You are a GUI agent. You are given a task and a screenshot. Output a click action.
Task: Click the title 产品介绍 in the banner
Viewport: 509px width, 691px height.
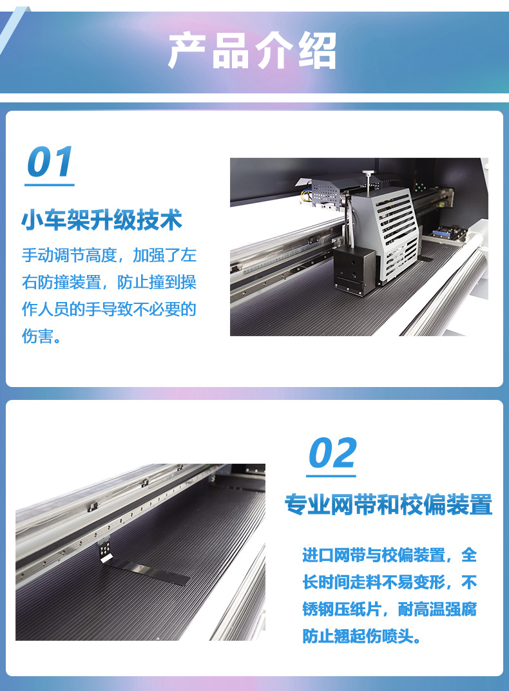click(253, 51)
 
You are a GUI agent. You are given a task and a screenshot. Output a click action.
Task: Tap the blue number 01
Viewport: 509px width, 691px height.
click(50, 162)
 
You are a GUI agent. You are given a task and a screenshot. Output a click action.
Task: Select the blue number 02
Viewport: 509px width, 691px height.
click(332, 453)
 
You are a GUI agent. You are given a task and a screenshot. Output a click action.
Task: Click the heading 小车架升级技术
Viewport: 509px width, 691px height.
click(102, 220)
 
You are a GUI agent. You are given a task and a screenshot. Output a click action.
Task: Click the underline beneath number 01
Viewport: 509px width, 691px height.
click(50, 185)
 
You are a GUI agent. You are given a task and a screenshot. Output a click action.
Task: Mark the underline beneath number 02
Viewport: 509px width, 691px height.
click(331, 476)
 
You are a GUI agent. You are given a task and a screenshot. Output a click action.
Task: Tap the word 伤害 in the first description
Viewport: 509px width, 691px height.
click(37, 336)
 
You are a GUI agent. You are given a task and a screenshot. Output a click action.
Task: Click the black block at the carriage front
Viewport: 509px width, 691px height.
click(355, 271)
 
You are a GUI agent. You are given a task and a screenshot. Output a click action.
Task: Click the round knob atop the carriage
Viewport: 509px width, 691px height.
click(368, 173)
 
